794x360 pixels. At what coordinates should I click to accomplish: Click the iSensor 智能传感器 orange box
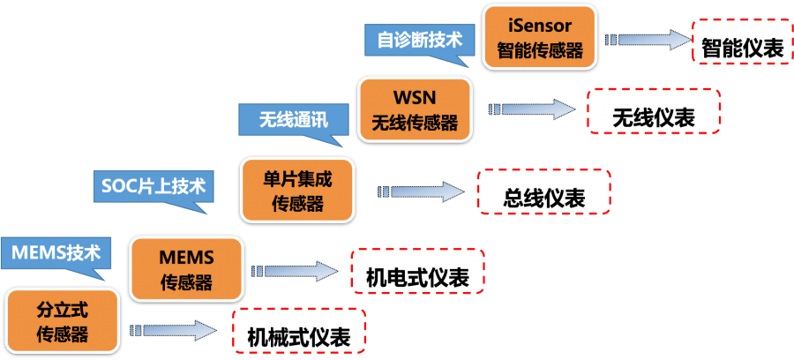click(540, 35)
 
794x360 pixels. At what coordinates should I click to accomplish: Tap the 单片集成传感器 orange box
click(296, 190)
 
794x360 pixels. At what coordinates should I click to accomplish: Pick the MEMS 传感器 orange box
click(186, 268)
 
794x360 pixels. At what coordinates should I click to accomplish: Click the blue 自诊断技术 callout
click(419, 40)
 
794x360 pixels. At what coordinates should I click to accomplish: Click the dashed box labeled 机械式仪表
click(298, 335)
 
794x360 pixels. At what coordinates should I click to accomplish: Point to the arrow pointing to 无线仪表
click(529, 109)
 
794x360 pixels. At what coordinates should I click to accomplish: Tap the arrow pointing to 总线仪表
click(422, 191)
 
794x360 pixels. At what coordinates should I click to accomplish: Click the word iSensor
click(540, 24)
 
